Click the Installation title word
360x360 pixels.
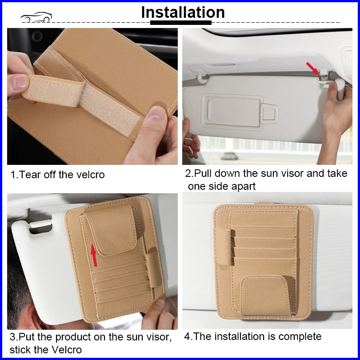[183, 12]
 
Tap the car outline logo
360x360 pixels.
[36, 17]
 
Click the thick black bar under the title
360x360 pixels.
[181, 23]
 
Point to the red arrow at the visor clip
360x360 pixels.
[313, 68]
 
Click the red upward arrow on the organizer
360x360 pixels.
[94, 255]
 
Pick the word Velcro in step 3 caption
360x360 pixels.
[67, 350]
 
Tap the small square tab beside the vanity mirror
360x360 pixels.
[269, 114]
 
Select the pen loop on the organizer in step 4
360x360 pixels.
[224, 247]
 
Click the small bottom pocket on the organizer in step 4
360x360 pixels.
[266, 296]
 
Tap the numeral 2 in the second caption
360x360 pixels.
[188, 173]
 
